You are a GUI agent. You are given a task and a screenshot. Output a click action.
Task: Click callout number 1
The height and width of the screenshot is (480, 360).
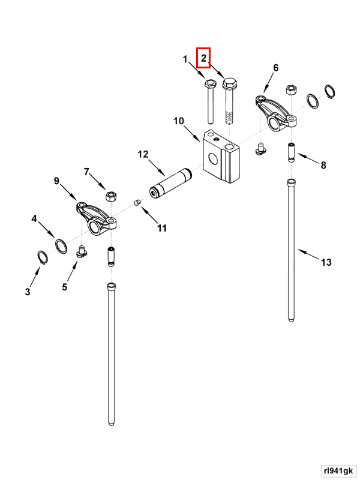coord(185,59)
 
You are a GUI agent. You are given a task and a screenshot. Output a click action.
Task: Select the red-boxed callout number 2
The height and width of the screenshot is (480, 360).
coord(204,58)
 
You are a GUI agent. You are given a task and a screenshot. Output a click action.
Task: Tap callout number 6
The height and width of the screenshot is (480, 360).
coord(276,68)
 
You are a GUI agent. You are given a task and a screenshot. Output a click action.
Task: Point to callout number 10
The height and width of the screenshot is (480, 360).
coord(179,121)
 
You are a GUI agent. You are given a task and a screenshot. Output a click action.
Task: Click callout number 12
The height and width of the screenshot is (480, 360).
coord(143,154)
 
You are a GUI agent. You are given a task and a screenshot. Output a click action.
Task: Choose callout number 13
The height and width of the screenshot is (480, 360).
coord(326,262)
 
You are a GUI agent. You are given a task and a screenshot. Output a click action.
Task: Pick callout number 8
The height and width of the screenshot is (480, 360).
coord(323,165)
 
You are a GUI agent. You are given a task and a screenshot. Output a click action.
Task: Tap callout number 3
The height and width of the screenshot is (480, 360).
coord(27,292)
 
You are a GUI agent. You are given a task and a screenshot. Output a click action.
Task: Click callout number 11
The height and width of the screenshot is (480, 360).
coord(162,228)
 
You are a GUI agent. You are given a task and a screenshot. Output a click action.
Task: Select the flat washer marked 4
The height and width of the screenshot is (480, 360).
coord(61,245)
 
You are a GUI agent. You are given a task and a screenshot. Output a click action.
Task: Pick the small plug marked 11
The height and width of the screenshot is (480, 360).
coord(136,203)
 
